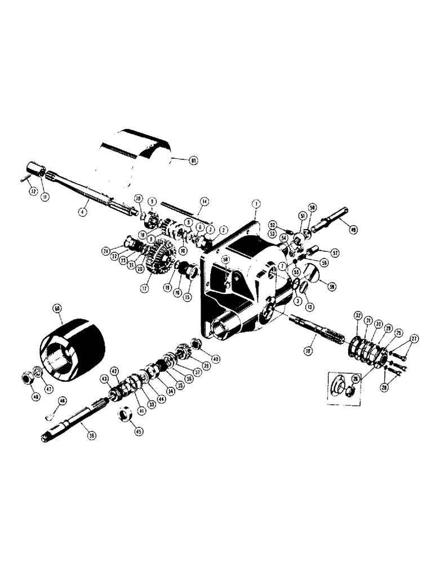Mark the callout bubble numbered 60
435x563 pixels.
[57, 309]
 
